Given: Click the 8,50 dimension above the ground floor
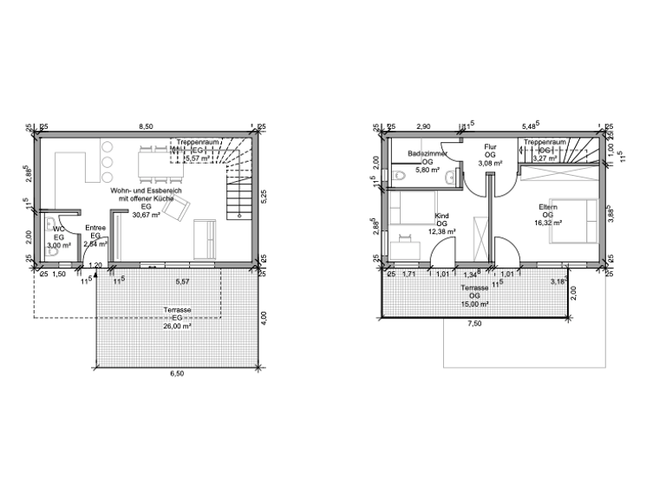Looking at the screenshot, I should click(x=147, y=126).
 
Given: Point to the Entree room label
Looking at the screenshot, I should click(x=95, y=230).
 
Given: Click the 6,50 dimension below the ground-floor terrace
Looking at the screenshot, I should click(x=177, y=374).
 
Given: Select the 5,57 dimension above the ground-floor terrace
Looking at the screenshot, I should click(x=183, y=282).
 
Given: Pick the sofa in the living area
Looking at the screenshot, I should click(x=206, y=239).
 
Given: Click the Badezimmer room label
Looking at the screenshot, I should click(x=427, y=153).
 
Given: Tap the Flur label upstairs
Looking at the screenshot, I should click(x=490, y=147).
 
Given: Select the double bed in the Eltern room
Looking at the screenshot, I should click(x=574, y=219).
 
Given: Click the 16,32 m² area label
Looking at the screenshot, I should click(x=547, y=223).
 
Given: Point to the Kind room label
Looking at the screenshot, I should click(x=441, y=217).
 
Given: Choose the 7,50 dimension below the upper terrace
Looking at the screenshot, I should click(x=475, y=323).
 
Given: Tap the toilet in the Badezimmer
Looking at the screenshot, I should click(x=398, y=177).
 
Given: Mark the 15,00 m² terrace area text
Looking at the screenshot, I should click(x=474, y=304).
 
